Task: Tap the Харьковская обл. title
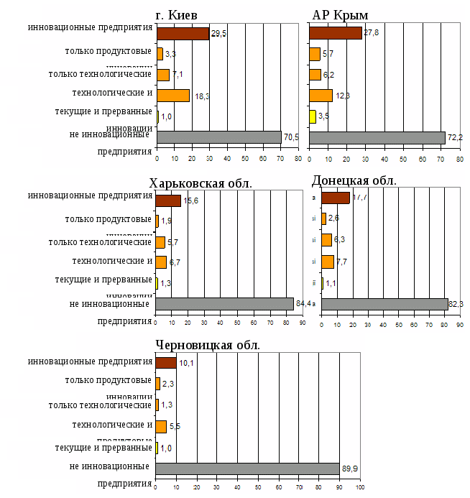(x=201, y=183)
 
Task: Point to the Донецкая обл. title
(x=354, y=180)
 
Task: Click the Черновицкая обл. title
(x=208, y=345)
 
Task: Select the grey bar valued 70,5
(x=218, y=137)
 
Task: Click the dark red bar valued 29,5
(x=183, y=33)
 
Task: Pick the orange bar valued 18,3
(x=172, y=96)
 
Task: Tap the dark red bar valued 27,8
(x=335, y=33)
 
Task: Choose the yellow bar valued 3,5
(x=313, y=116)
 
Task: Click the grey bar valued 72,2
(x=377, y=137)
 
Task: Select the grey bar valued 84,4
(x=224, y=304)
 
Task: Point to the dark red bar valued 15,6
(x=168, y=200)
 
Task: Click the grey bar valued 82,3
(x=384, y=304)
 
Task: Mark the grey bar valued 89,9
(x=247, y=469)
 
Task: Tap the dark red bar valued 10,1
(x=166, y=363)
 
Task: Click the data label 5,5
(x=175, y=427)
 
